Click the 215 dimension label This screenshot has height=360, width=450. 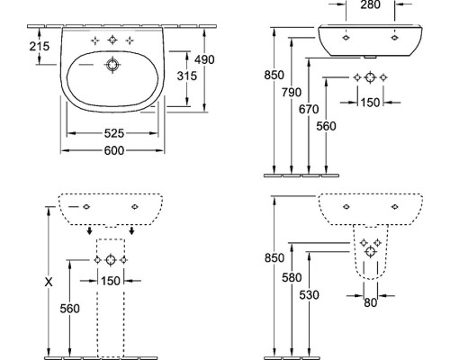pos(40,46)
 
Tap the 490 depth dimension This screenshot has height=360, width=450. pos(204,59)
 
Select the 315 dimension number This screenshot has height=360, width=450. pos(187,76)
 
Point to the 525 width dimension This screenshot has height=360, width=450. pos(114,133)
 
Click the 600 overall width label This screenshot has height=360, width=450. pos(114,150)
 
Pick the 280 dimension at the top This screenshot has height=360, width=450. pos(370,4)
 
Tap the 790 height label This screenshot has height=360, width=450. pos(292,93)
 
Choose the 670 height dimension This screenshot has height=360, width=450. pos(309,109)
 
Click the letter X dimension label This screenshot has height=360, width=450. pos(49,282)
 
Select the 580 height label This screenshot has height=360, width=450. pos(292,277)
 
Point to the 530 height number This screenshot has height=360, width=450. pos(309,295)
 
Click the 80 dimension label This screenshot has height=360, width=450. pos(370,302)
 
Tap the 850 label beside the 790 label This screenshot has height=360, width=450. pos(274,75)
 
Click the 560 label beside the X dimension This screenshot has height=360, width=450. pos(69,309)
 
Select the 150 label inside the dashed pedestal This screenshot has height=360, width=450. pos(111,281)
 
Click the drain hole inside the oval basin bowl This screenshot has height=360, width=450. pos(112,65)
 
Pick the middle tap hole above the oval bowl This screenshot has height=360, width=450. pos(112,40)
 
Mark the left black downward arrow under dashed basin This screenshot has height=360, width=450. pos(89,230)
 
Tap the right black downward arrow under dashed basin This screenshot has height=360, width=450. pos(131,230)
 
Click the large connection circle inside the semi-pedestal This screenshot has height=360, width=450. pos(370,251)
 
